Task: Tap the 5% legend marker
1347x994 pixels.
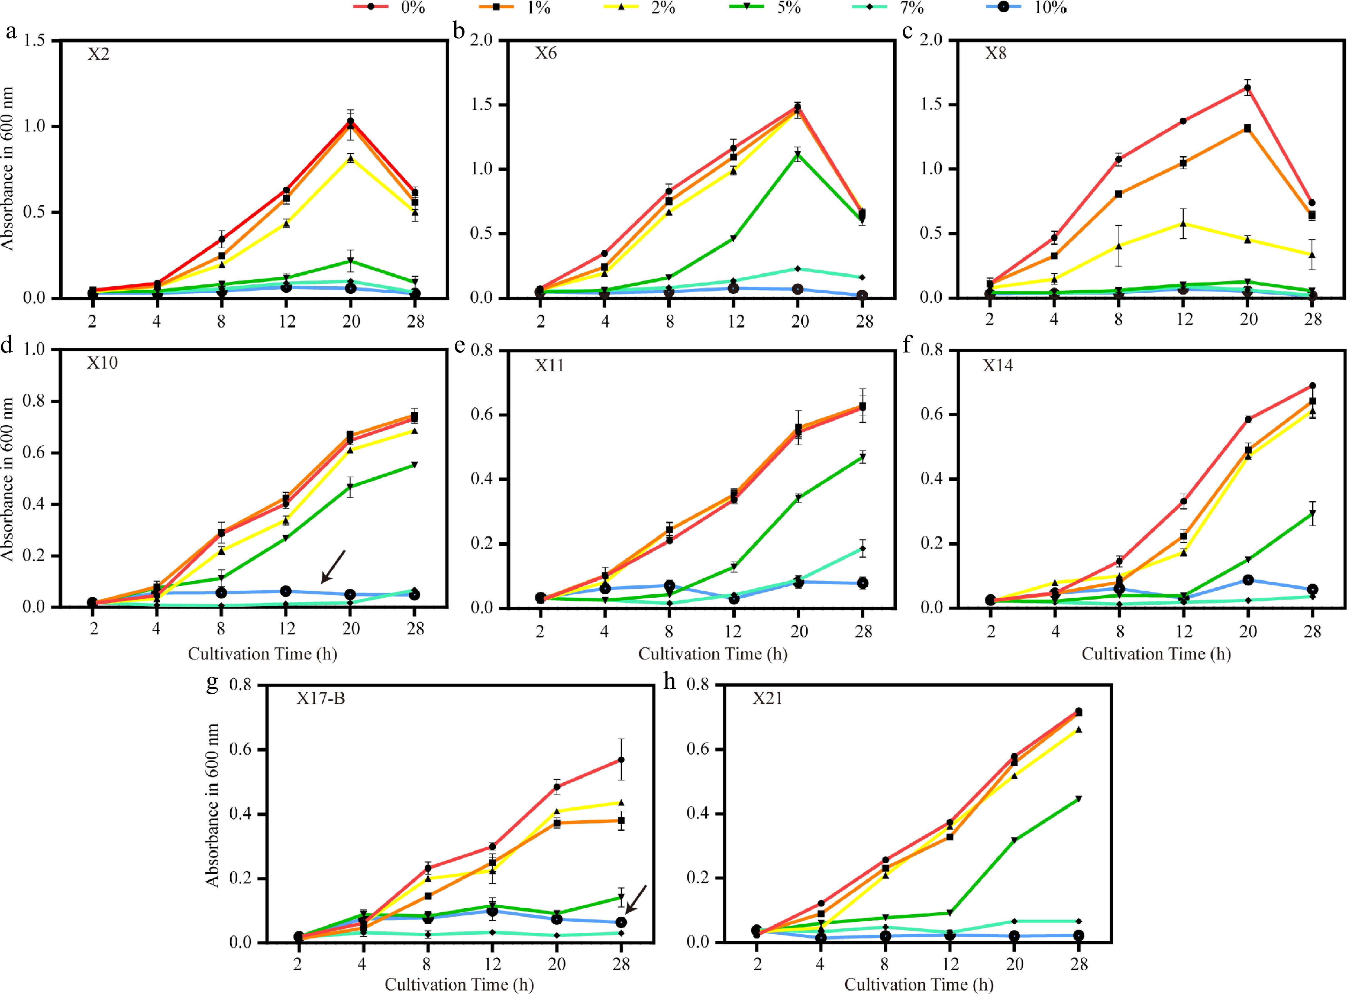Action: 746,6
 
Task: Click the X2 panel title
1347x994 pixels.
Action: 99,54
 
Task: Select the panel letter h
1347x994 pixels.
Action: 669,682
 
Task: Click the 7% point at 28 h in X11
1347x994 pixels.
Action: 862,548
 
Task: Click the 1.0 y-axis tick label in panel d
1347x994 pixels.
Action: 34,349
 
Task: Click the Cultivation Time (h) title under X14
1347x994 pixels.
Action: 1156,654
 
